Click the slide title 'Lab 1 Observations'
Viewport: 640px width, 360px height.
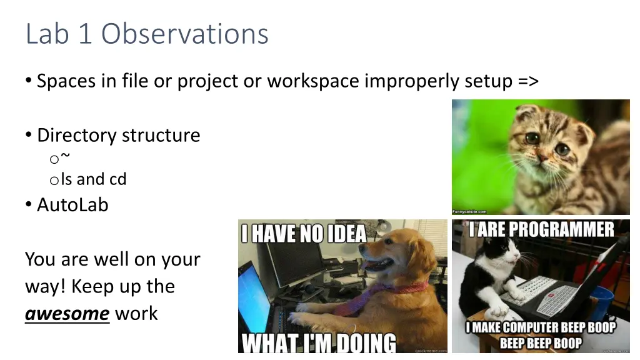[x=147, y=34]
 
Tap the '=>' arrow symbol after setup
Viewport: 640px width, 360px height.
[x=527, y=81]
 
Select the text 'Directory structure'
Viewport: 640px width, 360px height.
[x=118, y=135]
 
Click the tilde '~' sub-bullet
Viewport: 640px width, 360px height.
[x=66, y=157]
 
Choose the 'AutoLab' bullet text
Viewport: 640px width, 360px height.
[x=72, y=204]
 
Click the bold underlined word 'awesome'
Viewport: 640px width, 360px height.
[x=67, y=313]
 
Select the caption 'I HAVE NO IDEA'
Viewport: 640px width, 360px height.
[x=304, y=234]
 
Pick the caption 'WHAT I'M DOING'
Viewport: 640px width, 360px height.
[x=319, y=342]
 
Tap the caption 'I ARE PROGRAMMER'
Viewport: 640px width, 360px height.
[x=541, y=229]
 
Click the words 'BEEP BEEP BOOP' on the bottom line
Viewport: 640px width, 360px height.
[x=541, y=343]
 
